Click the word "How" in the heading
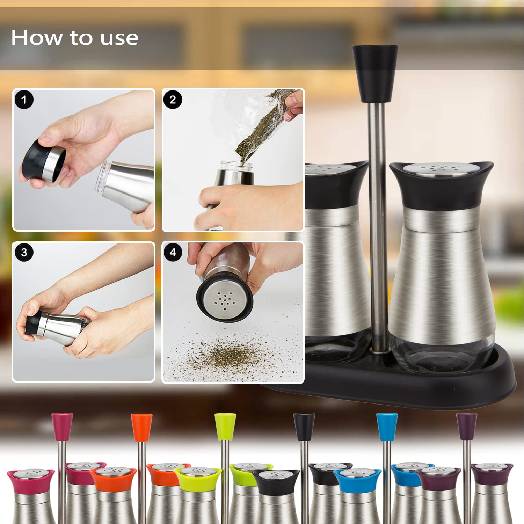(37, 37)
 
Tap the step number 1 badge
(24, 100)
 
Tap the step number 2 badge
(173, 100)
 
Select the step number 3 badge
(24, 252)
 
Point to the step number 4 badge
(173, 252)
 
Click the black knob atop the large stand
(375, 73)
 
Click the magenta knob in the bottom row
(62, 427)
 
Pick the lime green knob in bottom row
(225, 427)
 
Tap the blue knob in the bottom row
(387, 427)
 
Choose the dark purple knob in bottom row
(467, 426)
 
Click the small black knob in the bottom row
(304, 427)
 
